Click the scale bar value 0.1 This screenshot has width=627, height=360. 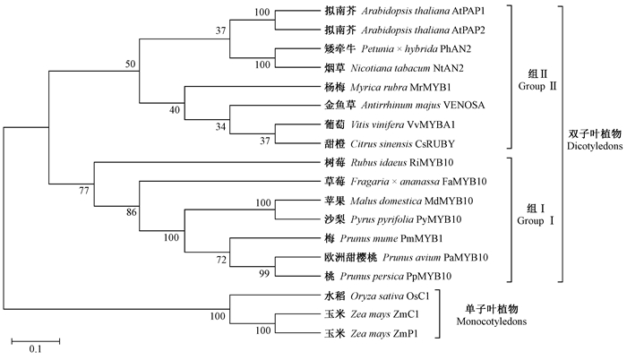[36, 349]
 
